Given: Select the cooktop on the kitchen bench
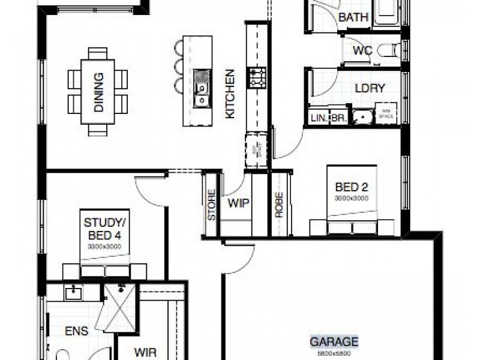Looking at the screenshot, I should click(x=257, y=77).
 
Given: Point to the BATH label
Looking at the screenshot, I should click(x=353, y=17).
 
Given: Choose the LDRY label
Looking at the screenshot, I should click(x=370, y=88).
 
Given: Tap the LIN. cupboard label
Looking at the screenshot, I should click(x=318, y=119).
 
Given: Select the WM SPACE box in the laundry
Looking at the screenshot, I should click(x=385, y=114).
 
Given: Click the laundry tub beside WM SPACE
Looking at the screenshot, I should click(x=362, y=116).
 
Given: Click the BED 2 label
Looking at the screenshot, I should click(x=352, y=186).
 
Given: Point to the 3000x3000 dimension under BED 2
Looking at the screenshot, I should click(x=352, y=197).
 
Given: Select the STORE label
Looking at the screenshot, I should click(x=211, y=206).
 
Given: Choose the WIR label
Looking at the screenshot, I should click(x=145, y=350).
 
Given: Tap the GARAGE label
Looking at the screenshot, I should click(x=334, y=342).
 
